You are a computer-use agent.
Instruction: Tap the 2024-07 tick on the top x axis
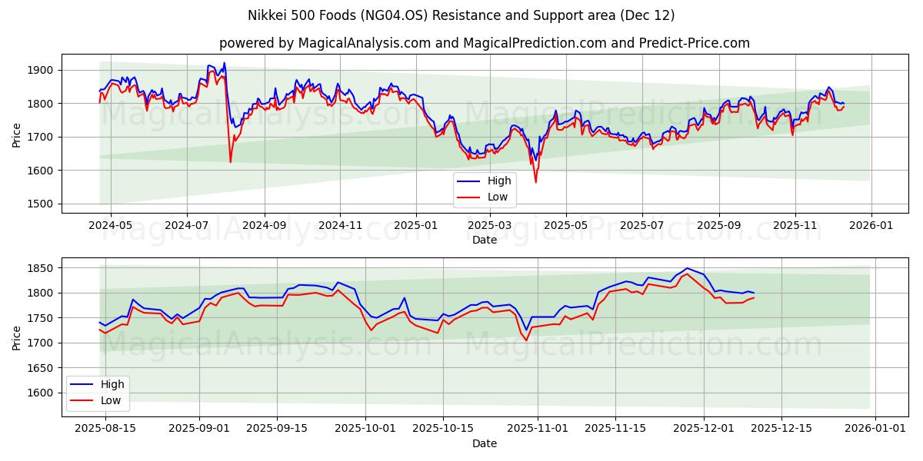click(x=187, y=226)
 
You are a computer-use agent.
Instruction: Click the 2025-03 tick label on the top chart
click(x=490, y=226)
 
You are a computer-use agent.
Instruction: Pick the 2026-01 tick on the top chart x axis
click(x=871, y=226)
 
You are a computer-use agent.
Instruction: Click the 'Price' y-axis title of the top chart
click(x=17, y=134)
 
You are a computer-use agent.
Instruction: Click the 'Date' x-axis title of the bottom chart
click(x=485, y=443)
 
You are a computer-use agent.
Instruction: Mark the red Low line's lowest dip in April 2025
click(x=536, y=182)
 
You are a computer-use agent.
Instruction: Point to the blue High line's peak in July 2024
click(x=224, y=63)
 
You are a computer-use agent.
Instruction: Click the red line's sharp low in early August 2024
click(x=230, y=161)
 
